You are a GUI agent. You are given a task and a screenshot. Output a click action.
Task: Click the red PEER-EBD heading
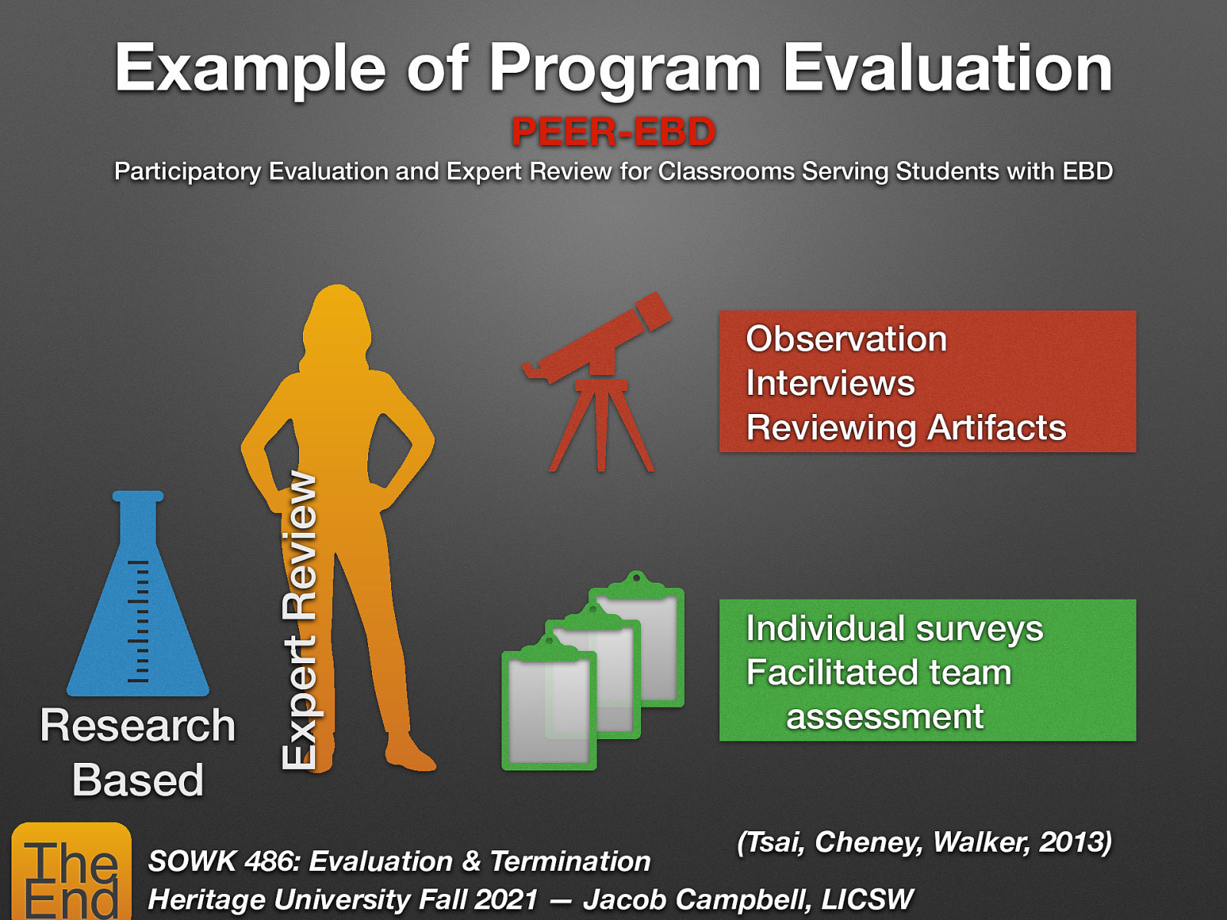(613, 132)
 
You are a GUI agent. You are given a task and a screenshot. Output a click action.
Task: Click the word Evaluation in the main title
(947, 69)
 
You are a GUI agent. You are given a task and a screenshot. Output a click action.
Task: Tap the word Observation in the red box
(846, 339)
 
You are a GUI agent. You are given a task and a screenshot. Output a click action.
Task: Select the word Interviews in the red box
(830, 383)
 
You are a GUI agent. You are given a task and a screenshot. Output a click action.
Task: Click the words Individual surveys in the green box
(894, 629)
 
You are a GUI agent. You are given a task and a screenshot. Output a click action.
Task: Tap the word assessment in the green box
(884, 718)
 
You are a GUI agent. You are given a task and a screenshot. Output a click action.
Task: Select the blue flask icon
(138, 606)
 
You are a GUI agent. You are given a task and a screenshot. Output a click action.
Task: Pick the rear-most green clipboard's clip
(636, 583)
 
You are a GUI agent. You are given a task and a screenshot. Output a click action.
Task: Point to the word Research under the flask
(138, 725)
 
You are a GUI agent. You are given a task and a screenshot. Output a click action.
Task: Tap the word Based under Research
(138, 780)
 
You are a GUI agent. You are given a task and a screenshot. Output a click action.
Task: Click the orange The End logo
(71, 872)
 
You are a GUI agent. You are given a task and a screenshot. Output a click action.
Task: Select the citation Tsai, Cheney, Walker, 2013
(924, 842)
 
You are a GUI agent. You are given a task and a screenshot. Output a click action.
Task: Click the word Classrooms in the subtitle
(726, 171)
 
